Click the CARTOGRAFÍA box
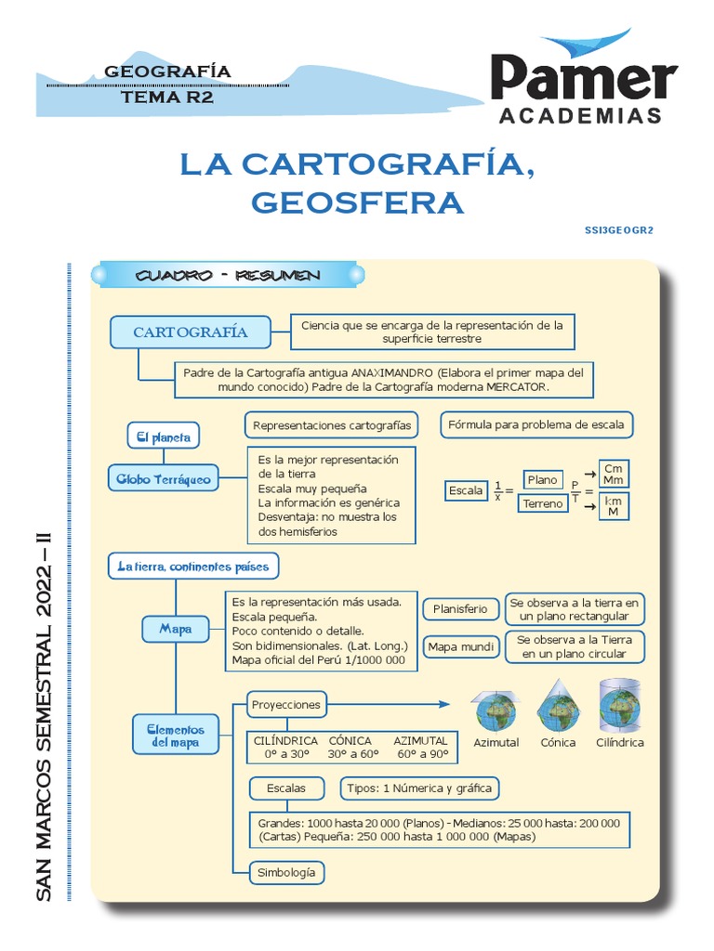point(191,332)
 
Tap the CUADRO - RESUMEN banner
point(228,276)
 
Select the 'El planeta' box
point(164,436)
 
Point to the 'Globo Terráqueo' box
point(164,479)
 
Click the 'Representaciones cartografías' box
point(331,425)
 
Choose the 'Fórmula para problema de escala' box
point(537,425)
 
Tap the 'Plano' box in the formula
point(542,479)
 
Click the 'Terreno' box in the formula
point(542,503)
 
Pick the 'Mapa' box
point(175,629)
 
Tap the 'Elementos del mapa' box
point(176,736)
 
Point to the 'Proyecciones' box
point(285,704)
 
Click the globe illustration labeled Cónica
point(558,708)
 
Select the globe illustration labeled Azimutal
point(496,711)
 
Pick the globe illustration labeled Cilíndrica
point(619,706)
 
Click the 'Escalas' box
point(285,788)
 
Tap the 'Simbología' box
point(285,872)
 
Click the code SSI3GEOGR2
point(619,229)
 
